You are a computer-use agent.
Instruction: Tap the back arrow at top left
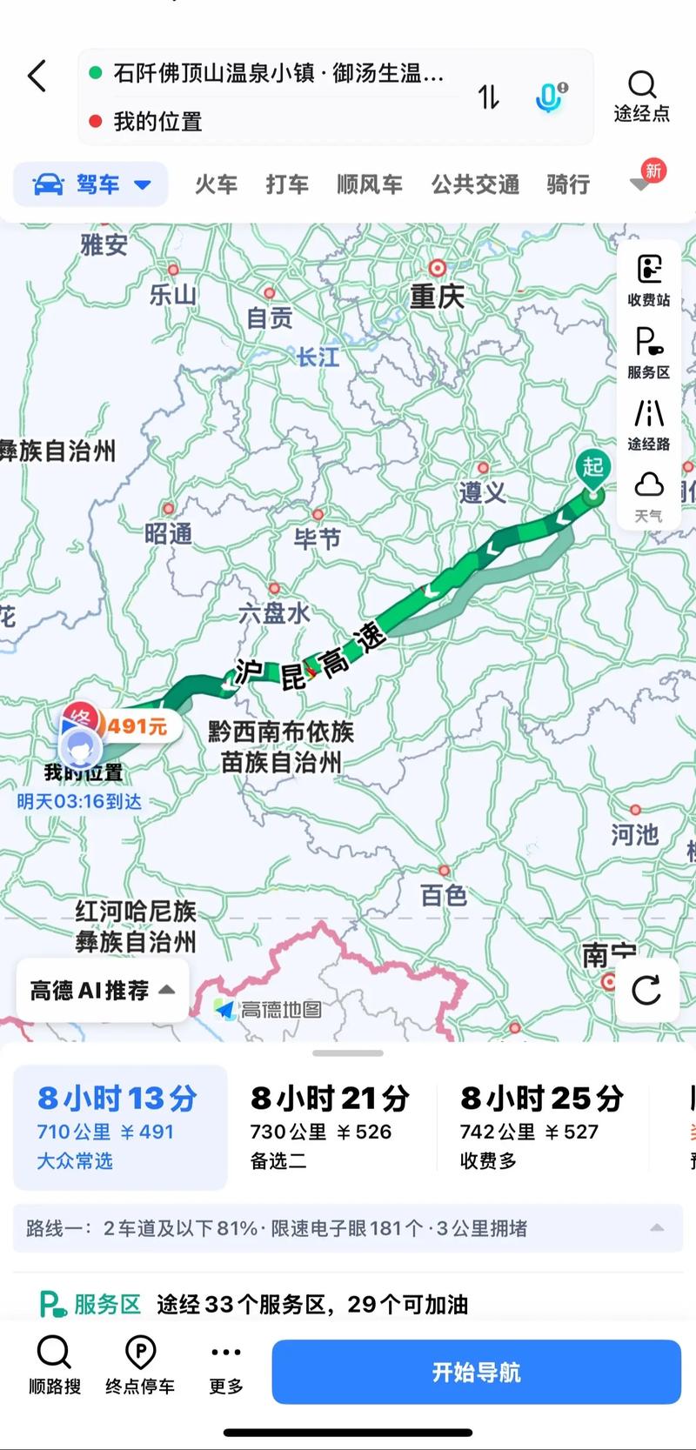(37, 77)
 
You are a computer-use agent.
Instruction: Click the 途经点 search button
(642, 96)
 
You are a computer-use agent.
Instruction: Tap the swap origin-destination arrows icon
(489, 97)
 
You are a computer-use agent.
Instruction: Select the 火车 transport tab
(216, 184)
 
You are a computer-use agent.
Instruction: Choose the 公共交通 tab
(475, 184)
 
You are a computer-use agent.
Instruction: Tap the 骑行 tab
(568, 184)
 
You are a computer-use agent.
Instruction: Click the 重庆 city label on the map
(437, 297)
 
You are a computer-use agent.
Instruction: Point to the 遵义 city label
(482, 492)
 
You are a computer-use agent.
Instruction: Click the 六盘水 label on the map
(274, 612)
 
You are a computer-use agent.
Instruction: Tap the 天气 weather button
(649, 496)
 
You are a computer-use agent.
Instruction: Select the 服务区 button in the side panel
(649, 352)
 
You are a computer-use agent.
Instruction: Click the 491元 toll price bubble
(137, 725)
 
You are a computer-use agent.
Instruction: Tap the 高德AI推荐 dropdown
(102, 990)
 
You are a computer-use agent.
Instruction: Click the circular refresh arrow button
(646, 990)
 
